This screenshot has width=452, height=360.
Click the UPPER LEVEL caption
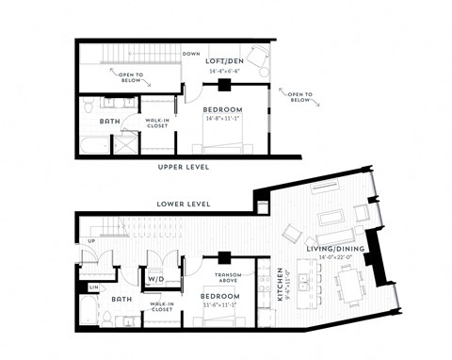pyautogui.click(x=184, y=168)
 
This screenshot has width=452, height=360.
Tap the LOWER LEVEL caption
pyautogui.click(x=184, y=204)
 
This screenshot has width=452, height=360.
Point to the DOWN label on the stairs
pyautogui.click(x=191, y=54)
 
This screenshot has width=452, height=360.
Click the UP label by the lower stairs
pyautogui.click(x=90, y=241)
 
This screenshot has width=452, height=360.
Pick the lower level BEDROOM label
pyautogui.click(x=218, y=296)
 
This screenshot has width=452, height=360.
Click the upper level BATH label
pyautogui.click(x=108, y=122)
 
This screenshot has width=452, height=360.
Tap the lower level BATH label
pyautogui.click(x=120, y=299)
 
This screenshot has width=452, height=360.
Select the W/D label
pyautogui.click(x=155, y=279)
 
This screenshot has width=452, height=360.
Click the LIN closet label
pyautogui.click(x=93, y=286)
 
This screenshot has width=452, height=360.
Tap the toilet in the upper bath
pyautogui.click(x=87, y=103)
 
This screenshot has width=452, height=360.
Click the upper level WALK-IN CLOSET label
pyautogui.click(x=156, y=123)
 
